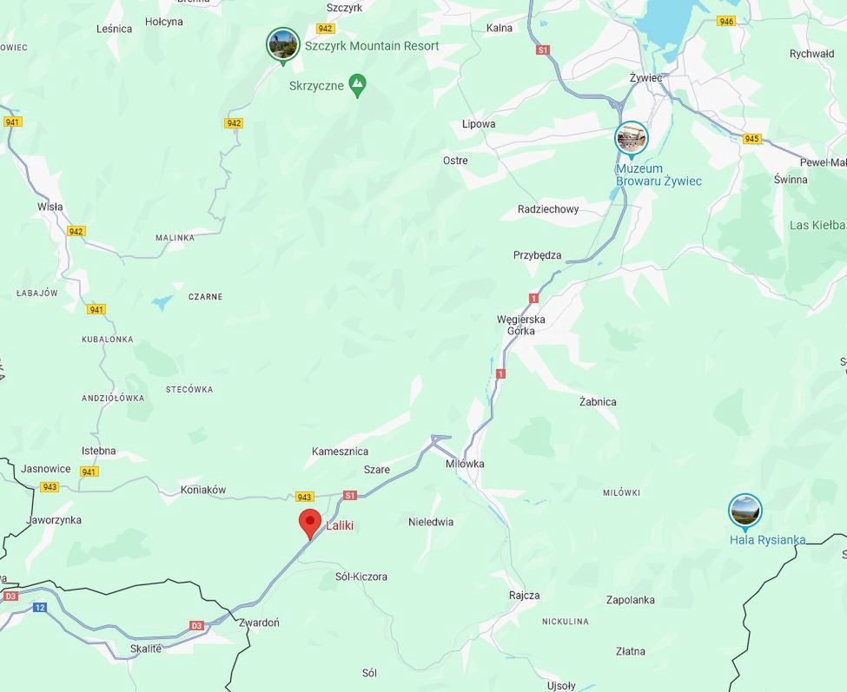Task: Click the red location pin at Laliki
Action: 309,523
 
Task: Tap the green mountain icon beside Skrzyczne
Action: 357,84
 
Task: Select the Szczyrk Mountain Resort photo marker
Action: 283,44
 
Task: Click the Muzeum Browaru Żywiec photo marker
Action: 632,138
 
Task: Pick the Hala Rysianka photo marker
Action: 744,511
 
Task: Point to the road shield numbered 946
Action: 726,21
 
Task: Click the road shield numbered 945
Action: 751,139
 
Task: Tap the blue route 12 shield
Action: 40,607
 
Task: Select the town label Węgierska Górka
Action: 521,325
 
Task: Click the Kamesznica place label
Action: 341,451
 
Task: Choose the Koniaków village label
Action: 203,490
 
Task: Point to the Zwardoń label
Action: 259,623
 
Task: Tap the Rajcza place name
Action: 524,596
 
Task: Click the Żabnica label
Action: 598,402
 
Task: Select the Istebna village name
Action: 98,451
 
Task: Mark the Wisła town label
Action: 50,207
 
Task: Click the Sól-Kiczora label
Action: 361,577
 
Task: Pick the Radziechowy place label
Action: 548,209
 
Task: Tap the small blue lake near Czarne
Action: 162,303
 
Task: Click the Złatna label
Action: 631,651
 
